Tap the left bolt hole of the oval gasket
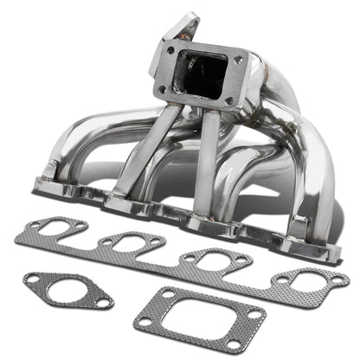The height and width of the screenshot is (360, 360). click(x=31, y=280)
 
